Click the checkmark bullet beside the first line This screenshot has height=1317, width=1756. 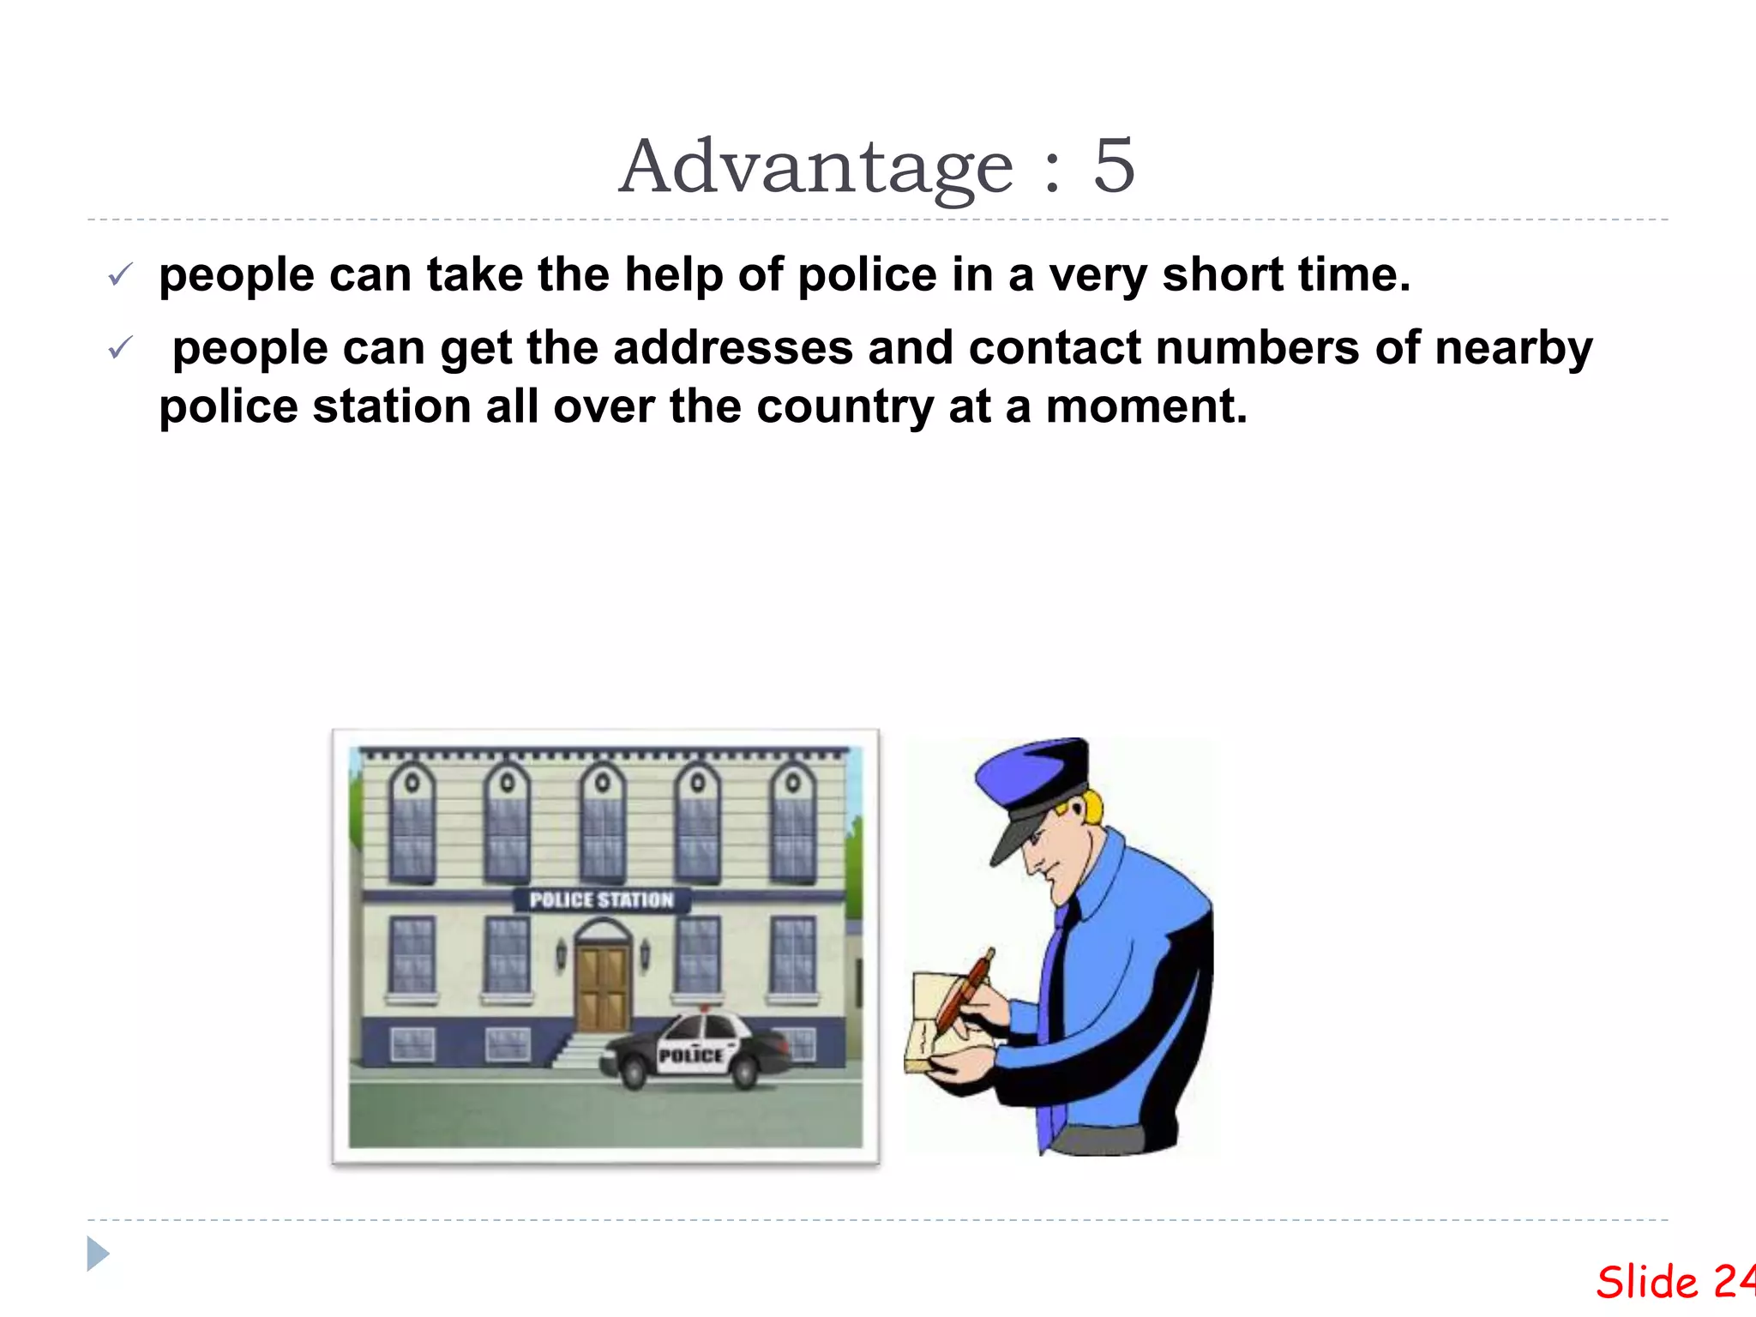click(x=120, y=275)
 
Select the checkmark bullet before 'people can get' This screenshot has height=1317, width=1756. click(x=120, y=348)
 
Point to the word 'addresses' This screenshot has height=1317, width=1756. click(x=733, y=348)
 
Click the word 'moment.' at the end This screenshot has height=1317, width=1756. click(x=1146, y=406)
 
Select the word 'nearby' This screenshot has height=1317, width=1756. click(x=1513, y=350)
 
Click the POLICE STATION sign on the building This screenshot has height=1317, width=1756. click(x=601, y=899)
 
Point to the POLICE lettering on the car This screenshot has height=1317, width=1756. click(x=690, y=1055)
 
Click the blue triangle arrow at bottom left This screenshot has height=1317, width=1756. click(x=98, y=1254)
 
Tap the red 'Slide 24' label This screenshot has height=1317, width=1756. click(x=1673, y=1283)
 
